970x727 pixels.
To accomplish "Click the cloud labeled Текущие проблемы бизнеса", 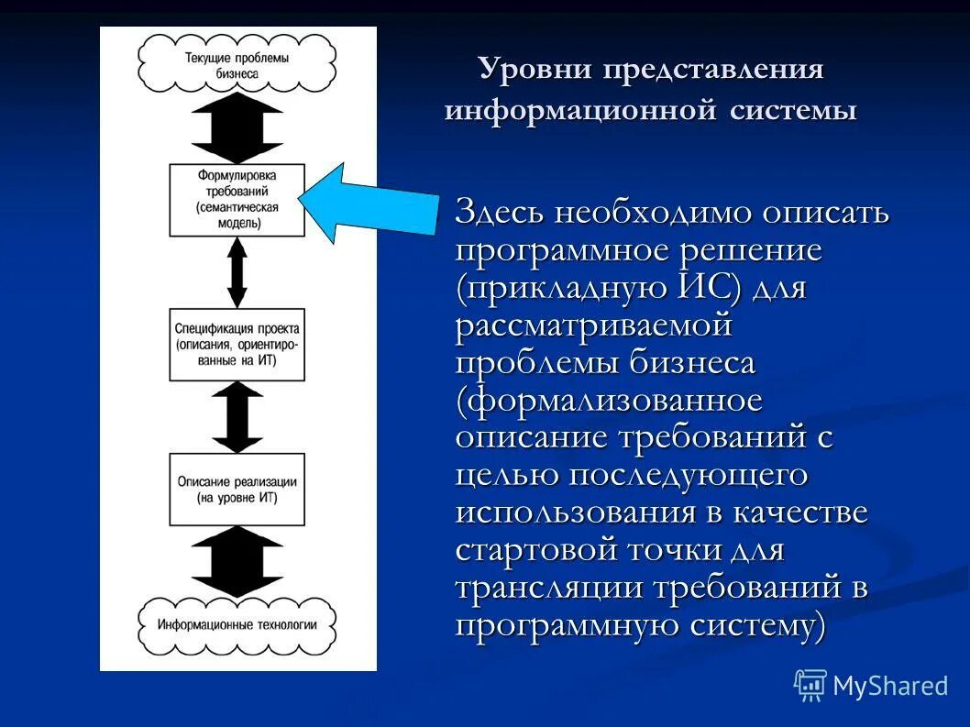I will pyautogui.click(x=237, y=64).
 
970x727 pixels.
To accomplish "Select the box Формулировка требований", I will pyautogui.click(x=237, y=200).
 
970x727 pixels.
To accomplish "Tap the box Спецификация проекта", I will pyautogui.click(x=237, y=344).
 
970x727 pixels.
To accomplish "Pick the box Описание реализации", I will pyautogui.click(x=237, y=489).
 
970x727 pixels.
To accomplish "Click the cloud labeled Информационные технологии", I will pyautogui.click(x=237, y=624).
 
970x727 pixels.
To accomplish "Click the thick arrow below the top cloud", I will pyautogui.click(x=237, y=128).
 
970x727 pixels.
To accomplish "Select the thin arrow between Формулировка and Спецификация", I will pyautogui.click(x=237, y=272).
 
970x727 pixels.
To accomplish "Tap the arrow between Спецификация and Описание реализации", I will pyautogui.click(x=237, y=416).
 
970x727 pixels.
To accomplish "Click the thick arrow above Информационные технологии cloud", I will pyautogui.click(x=237, y=561).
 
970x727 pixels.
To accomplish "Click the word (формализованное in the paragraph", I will pyautogui.click(x=609, y=401).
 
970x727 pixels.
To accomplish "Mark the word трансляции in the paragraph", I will pyautogui.click(x=548, y=588).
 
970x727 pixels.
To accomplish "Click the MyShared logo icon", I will pyautogui.click(x=810, y=685).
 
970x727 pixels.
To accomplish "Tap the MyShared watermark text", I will pyautogui.click(x=889, y=686).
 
